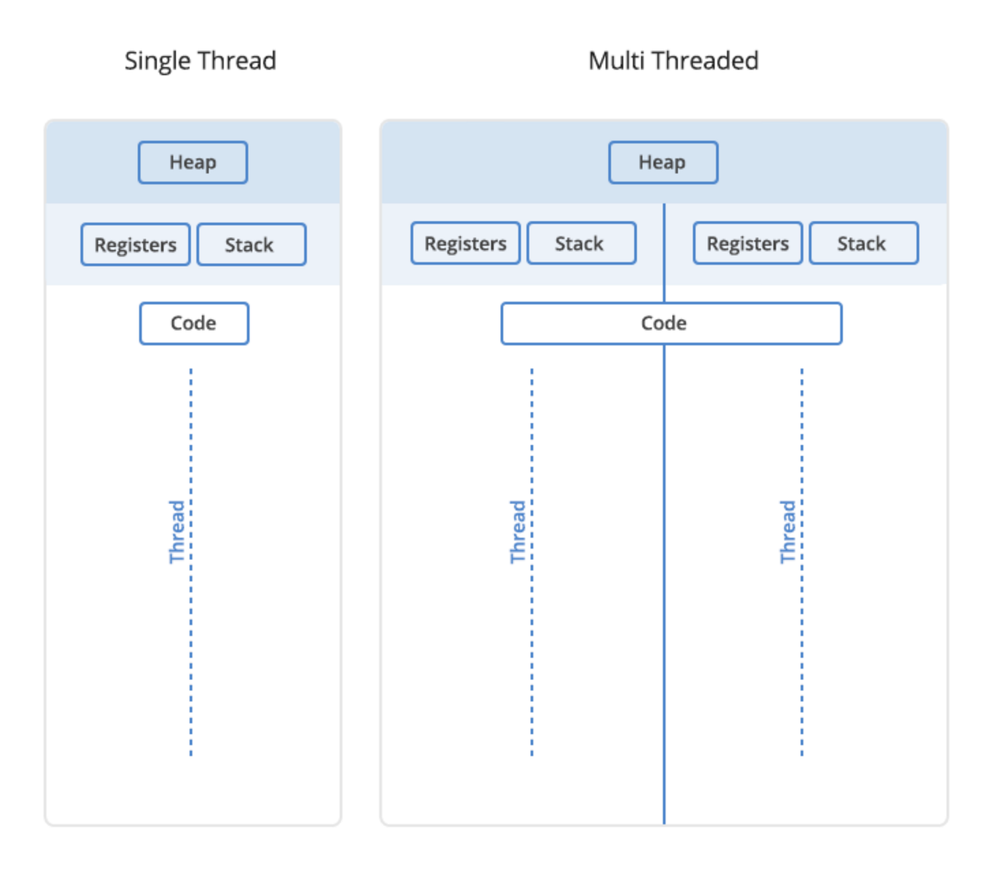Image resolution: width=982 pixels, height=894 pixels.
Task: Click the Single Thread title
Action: pyautogui.click(x=200, y=61)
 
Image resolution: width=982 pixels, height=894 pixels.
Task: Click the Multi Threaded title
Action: pyautogui.click(x=673, y=61)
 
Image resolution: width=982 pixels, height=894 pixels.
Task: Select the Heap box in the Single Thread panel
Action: pyautogui.click(x=193, y=163)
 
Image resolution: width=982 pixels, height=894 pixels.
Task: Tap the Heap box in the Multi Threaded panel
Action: pyautogui.click(x=663, y=163)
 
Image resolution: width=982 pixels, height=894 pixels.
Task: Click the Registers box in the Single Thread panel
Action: pyautogui.click(x=135, y=245)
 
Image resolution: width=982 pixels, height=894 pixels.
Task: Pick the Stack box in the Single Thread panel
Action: pyautogui.click(x=251, y=245)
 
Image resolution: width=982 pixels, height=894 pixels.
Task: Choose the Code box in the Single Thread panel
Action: pyautogui.click(x=194, y=323)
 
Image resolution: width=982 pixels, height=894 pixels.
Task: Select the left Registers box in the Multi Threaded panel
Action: pyautogui.click(x=466, y=243)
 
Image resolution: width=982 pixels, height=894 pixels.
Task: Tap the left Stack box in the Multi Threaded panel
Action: pyautogui.click(x=581, y=243)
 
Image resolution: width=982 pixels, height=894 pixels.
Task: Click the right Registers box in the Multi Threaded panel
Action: pyautogui.click(x=748, y=243)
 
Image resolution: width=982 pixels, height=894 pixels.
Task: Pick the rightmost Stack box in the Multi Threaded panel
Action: pyautogui.click(x=863, y=243)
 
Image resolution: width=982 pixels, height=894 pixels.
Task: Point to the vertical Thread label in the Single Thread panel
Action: pyautogui.click(x=177, y=531)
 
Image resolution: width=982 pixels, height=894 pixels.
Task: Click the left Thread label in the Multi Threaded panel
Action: pyautogui.click(x=518, y=531)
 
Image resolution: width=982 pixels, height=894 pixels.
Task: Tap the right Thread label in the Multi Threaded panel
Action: pyautogui.click(x=788, y=531)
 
